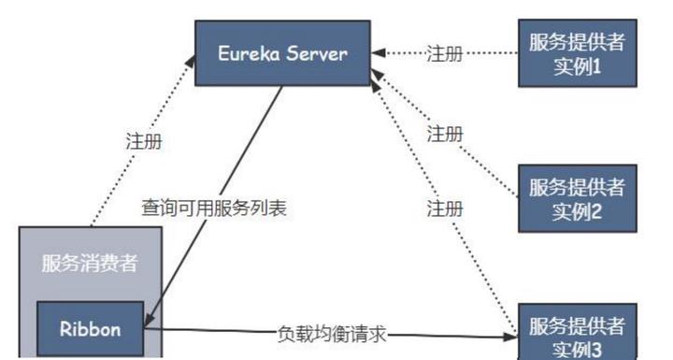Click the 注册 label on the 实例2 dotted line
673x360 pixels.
click(x=445, y=134)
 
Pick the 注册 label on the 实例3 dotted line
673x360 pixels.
click(x=445, y=208)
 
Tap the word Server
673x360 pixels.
click(x=318, y=54)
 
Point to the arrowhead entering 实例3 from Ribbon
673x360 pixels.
click(x=514, y=334)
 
